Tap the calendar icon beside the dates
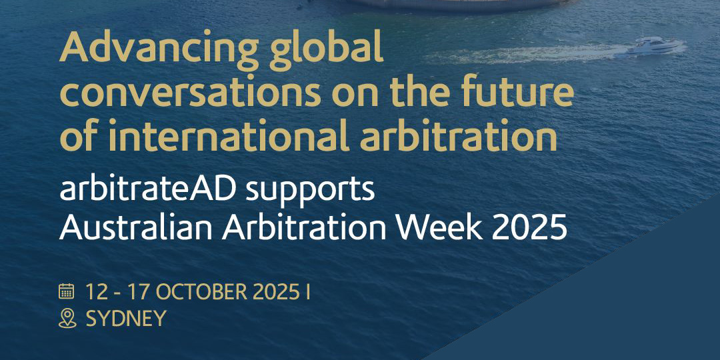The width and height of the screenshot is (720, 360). coord(67,291)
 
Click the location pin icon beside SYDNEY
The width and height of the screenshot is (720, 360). coord(67,319)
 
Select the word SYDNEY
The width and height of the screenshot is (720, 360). coord(126,319)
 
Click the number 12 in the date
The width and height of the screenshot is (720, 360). coord(96,291)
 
